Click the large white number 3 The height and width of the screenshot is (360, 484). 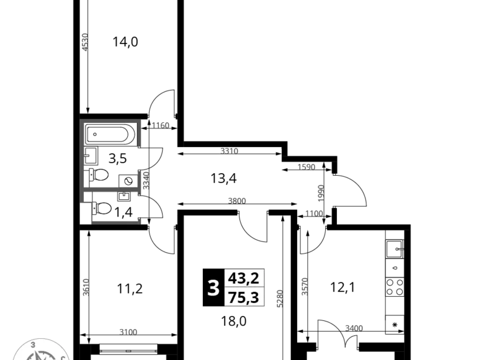213,289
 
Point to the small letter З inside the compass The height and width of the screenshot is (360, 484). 33,343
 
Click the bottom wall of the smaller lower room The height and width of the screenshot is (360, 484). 117,221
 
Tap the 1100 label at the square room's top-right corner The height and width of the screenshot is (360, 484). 161,125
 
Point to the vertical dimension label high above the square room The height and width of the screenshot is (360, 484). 85,42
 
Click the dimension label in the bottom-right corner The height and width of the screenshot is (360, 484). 355,327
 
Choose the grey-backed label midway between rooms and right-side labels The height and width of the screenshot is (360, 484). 236,199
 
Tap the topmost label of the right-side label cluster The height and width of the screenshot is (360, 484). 308,168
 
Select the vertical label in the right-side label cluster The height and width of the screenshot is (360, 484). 322,192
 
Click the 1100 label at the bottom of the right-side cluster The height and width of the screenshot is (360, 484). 313,214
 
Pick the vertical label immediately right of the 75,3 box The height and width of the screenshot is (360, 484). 277,297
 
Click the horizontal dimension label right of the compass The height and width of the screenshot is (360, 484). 128,332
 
